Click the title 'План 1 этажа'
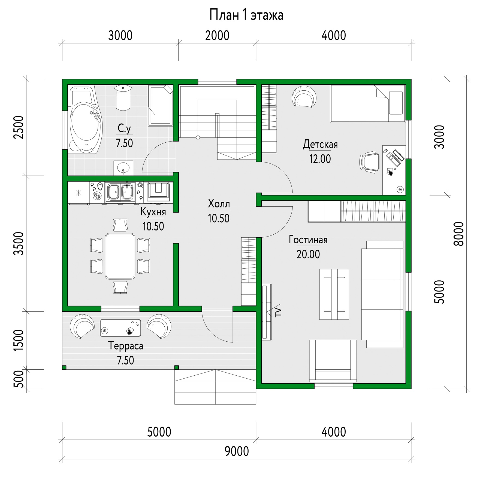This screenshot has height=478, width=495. coord(246,15)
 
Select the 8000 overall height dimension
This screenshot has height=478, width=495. coord(459,234)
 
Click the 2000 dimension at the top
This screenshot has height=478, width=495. coord(217,36)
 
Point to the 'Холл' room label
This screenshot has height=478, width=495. coord(219,204)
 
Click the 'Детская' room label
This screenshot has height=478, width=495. coord(320,144)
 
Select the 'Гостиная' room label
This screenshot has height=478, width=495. coord(308,240)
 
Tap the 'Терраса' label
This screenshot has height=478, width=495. coord(126,346)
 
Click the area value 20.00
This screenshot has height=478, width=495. coord(308,254)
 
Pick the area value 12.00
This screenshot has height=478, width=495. coord(320,159)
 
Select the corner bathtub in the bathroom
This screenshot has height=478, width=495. coord(85,119)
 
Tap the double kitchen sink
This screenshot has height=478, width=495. coord(120,192)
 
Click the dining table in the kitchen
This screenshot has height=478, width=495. coord(120,256)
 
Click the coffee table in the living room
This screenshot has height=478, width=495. coord(334,294)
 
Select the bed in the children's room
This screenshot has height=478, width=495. coord(367,103)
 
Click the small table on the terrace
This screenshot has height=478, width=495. coord(120,328)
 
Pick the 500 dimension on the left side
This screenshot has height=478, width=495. coord(19,379)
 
